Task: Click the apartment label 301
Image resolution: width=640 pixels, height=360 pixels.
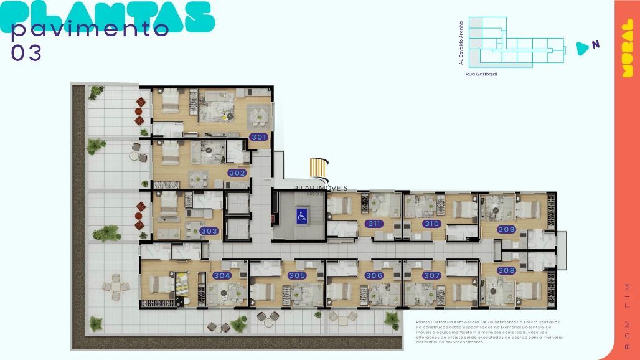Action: click(258, 137)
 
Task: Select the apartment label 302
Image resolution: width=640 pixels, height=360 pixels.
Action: click(237, 173)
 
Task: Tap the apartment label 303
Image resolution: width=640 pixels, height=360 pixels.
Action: click(209, 231)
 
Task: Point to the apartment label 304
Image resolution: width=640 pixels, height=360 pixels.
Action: click(222, 275)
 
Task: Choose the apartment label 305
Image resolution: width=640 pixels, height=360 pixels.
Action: click(297, 275)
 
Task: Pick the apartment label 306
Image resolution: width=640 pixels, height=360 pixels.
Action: click(374, 275)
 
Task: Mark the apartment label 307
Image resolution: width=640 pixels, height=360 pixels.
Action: click(431, 275)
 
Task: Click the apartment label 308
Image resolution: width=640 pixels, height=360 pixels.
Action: click(506, 270)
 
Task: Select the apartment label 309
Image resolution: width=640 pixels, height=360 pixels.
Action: click(506, 230)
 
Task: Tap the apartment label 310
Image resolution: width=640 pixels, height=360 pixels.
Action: click(431, 224)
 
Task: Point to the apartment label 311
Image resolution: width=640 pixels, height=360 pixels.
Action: click(374, 224)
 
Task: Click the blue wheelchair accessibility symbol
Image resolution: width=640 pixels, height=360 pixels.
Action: click(301, 216)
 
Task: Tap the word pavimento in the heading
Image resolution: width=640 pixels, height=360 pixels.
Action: click(91, 29)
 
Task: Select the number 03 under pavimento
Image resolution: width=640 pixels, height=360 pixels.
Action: click(27, 54)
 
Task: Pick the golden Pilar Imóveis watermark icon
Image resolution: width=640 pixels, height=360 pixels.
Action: click(319, 169)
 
